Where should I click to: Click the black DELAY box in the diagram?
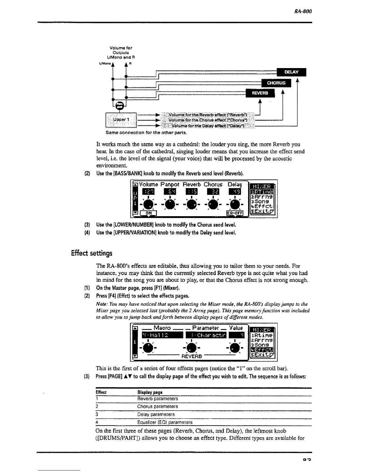point(291,72)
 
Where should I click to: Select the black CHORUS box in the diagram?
point(276,83)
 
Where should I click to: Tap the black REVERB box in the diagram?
point(260,93)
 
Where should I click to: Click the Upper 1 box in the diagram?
point(121,119)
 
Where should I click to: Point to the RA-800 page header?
point(303,11)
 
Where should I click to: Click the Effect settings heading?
point(92,253)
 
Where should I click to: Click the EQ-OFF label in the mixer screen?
point(235,213)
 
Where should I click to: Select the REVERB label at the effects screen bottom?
point(192,356)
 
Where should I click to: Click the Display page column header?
point(150,392)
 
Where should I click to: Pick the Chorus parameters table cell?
point(157,406)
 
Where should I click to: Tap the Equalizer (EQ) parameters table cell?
point(165,422)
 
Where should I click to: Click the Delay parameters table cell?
point(156,414)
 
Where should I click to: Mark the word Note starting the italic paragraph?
point(101,304)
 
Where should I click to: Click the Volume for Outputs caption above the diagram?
point(121,52)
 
